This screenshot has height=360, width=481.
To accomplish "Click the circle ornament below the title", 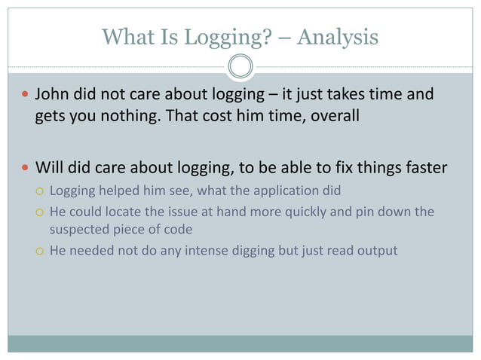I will pos(240,66).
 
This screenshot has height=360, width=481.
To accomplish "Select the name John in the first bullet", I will pos(51,96).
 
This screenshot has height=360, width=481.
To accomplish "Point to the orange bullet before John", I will pos(26,96).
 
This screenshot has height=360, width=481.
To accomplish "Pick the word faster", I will pos(424,167).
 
